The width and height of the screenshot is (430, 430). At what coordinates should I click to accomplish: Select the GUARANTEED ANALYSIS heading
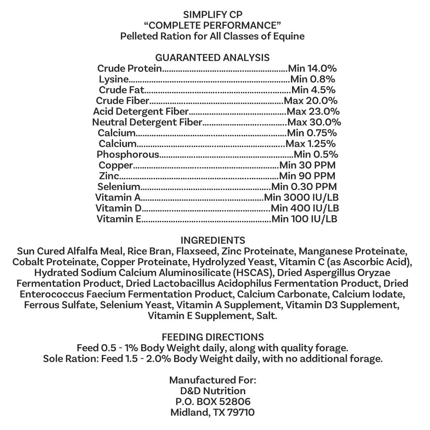212,57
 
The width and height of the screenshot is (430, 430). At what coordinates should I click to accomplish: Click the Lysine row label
114,79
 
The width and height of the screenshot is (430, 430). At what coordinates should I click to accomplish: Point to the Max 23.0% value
313,111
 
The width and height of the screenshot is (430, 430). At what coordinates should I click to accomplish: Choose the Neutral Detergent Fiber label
147,122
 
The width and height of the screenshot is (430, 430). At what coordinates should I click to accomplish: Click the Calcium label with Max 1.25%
118,144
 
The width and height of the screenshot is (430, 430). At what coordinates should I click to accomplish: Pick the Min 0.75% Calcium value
312,133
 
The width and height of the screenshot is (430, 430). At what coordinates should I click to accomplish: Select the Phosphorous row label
128,154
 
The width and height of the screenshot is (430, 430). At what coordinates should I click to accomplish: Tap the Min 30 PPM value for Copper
307,165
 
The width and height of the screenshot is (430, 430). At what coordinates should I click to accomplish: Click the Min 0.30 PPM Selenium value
304,187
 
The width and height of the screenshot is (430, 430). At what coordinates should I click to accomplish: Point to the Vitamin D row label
119,208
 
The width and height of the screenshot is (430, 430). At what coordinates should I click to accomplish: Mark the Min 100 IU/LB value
304,219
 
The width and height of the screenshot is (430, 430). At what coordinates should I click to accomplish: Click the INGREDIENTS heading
213,240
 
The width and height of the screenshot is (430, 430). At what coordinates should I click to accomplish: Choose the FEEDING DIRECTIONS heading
213,337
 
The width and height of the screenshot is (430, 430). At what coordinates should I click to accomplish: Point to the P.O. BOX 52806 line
212,401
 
